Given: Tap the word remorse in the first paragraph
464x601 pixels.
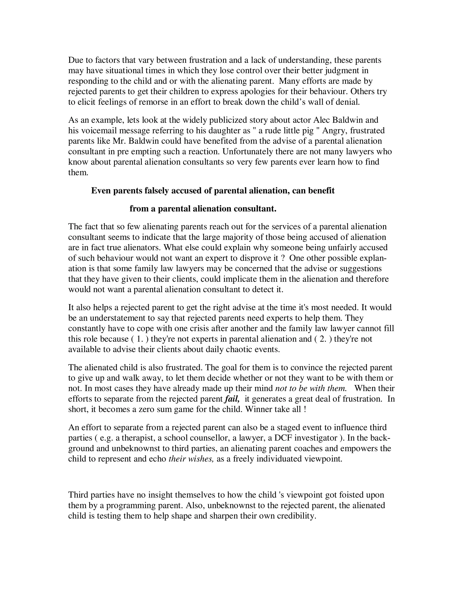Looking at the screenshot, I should click(x=153, y=102).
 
